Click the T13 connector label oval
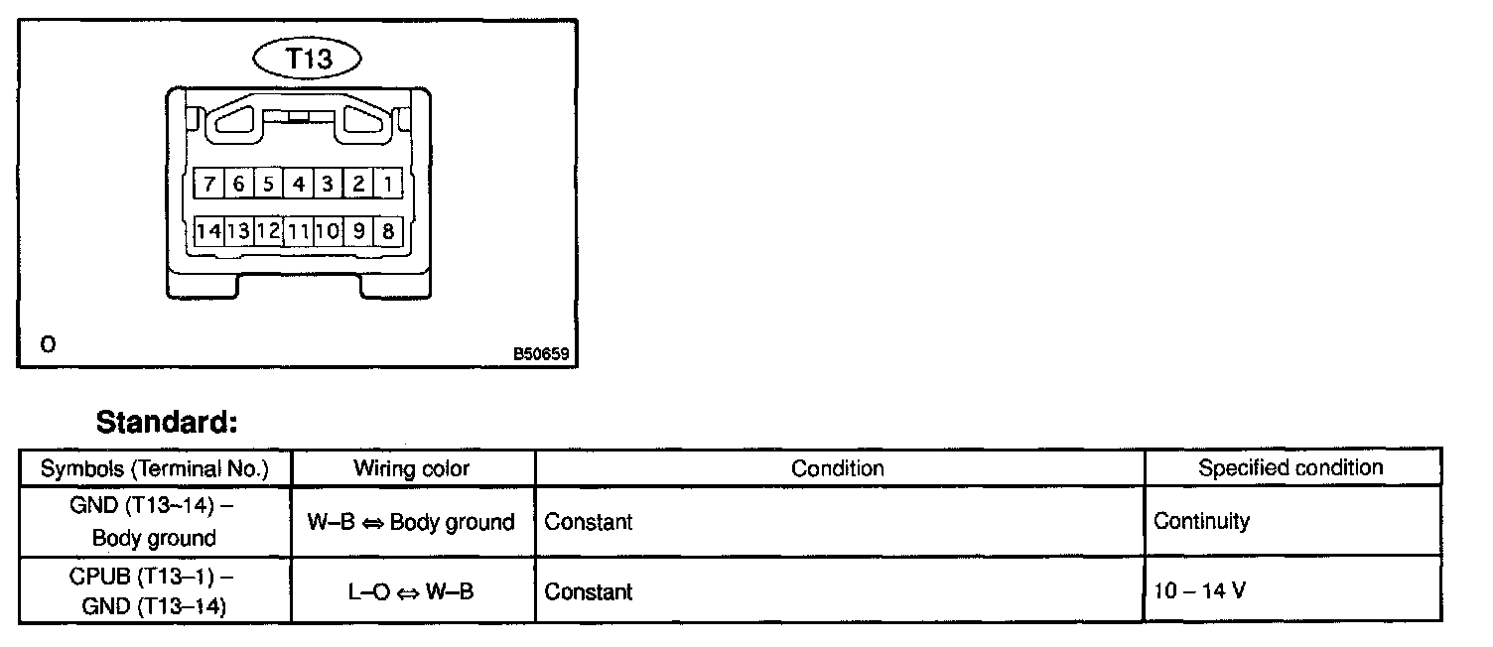[308, 60]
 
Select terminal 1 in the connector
[387, 184]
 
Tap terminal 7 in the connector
[209, 184]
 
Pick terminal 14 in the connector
[208, 232]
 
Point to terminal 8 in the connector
[388, 232]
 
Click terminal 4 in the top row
[298, 184]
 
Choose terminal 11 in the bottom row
[298, 232]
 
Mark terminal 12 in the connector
[268, 232]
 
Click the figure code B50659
[541, 352]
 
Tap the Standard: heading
[167, 423]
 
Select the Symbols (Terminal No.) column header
[154, 468]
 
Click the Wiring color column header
[411, 468]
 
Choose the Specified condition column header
[1290, 467]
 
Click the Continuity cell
[1201, 521]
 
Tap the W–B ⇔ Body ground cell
[411, 522]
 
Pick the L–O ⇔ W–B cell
[411, 592]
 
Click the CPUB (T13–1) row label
[154, 590]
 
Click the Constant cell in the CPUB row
[589, 592]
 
